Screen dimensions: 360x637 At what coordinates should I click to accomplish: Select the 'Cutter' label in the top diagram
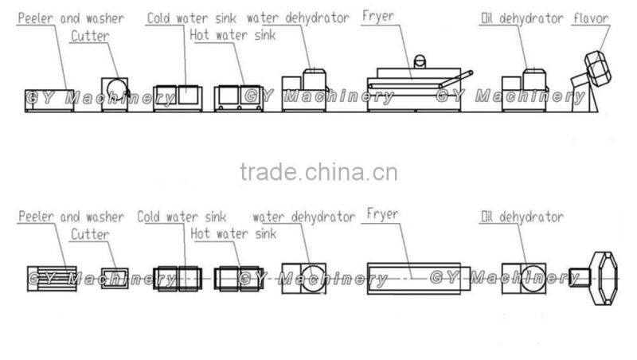(x=88, y=36)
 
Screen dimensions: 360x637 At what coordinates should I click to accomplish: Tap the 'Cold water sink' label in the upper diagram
(x=193, y=17)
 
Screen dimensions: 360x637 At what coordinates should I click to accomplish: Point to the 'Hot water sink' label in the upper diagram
(x=233, y=34)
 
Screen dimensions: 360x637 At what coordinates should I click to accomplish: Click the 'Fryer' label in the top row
(x=380, y=16)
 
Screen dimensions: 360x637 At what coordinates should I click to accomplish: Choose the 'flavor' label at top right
(x=591, y=18)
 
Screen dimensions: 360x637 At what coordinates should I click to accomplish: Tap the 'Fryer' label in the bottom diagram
(x=382, y=214)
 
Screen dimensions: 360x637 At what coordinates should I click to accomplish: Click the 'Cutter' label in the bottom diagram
(x=88, y=235)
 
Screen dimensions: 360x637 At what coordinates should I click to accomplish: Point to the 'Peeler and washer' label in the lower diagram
(x=71, y=217)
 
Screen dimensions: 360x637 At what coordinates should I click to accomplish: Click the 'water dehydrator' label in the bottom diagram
(x=303, y=217)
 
